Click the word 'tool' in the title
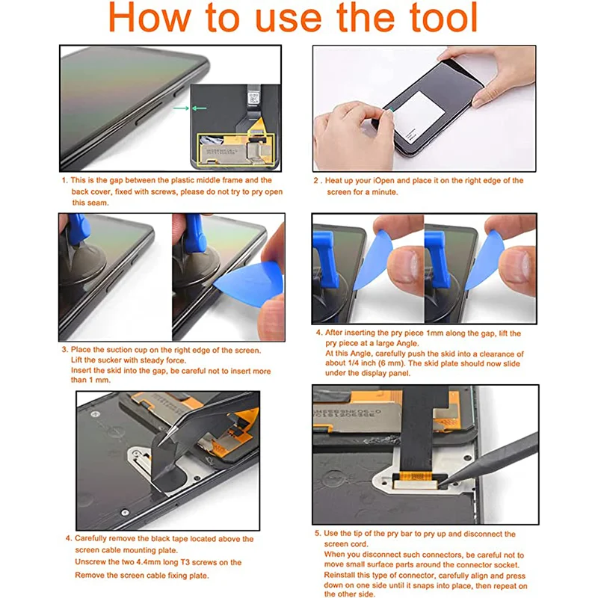click(443, 17)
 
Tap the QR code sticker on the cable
click(253, 99)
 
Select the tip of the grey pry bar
click(441, 485)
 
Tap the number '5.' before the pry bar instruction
click(318, 533)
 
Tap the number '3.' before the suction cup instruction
click(65, 349)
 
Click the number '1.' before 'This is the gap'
click(64, 180)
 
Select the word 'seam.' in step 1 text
click(98, 203)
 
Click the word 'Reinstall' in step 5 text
click(340, 575)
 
